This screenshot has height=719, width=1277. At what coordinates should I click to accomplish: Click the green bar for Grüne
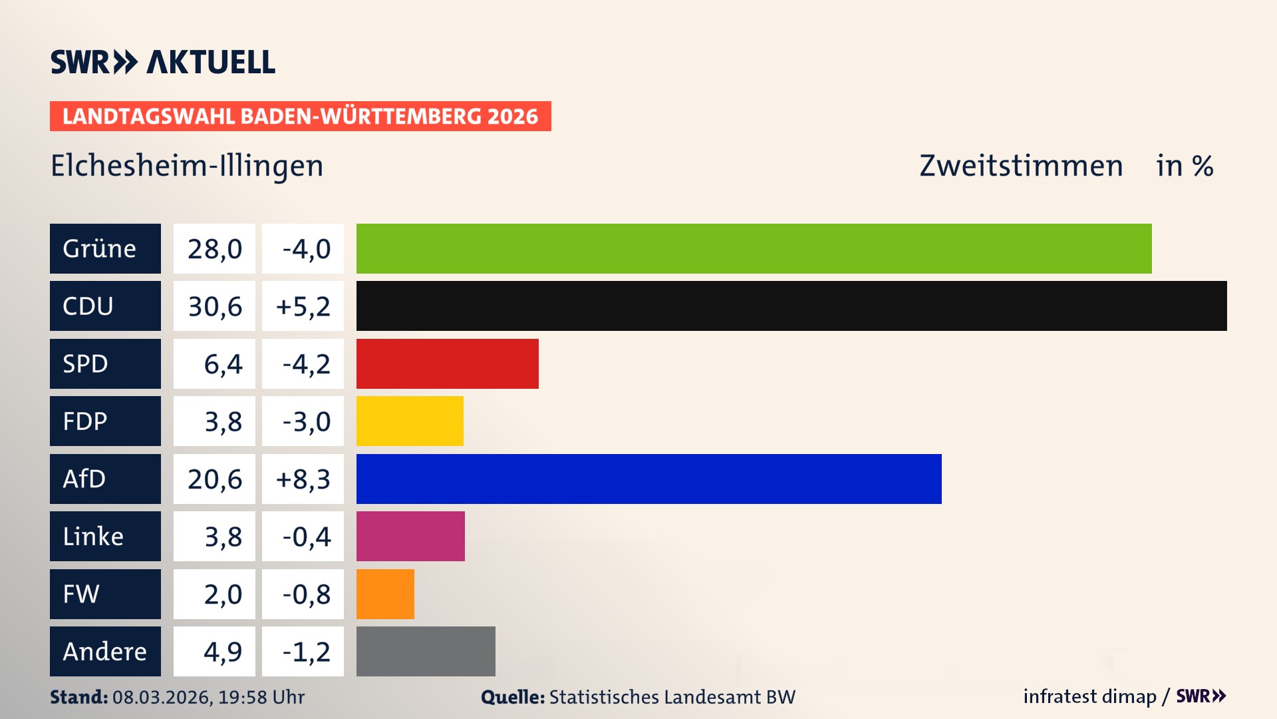(754, 248)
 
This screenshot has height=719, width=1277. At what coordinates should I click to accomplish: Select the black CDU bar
(791, 306)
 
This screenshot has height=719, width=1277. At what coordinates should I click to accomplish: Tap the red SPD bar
(447, 363)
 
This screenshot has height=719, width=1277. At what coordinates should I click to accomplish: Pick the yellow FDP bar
(410, 421)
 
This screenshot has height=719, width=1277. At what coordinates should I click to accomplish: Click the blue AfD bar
(648, 479)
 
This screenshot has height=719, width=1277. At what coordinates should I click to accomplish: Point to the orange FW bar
(385, 594)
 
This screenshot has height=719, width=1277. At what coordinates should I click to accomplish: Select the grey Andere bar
(426, 651)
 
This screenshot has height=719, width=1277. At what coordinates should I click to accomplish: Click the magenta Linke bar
(410, 536)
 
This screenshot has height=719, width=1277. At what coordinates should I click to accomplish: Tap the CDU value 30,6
(215, 306)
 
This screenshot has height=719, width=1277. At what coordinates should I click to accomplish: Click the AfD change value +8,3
(303, 479)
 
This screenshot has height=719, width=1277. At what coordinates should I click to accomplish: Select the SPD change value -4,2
(306, 363)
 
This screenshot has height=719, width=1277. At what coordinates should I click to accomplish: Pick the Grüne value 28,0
(215, 248)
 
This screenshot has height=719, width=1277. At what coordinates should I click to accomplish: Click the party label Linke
(93, 536)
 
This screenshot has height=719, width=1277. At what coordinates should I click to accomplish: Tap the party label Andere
(104, 651)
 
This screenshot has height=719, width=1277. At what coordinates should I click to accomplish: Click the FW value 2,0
(223, 594)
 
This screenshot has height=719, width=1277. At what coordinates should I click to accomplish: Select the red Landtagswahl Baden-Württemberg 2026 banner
(300, 116)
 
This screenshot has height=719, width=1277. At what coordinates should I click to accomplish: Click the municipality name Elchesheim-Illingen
(187, 165)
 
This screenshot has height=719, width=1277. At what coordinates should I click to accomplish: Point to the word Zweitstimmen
(1021, 165)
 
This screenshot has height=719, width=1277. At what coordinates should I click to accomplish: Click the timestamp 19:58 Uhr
(261, 697)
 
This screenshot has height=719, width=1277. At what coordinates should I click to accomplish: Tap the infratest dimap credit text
(1089, 696)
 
